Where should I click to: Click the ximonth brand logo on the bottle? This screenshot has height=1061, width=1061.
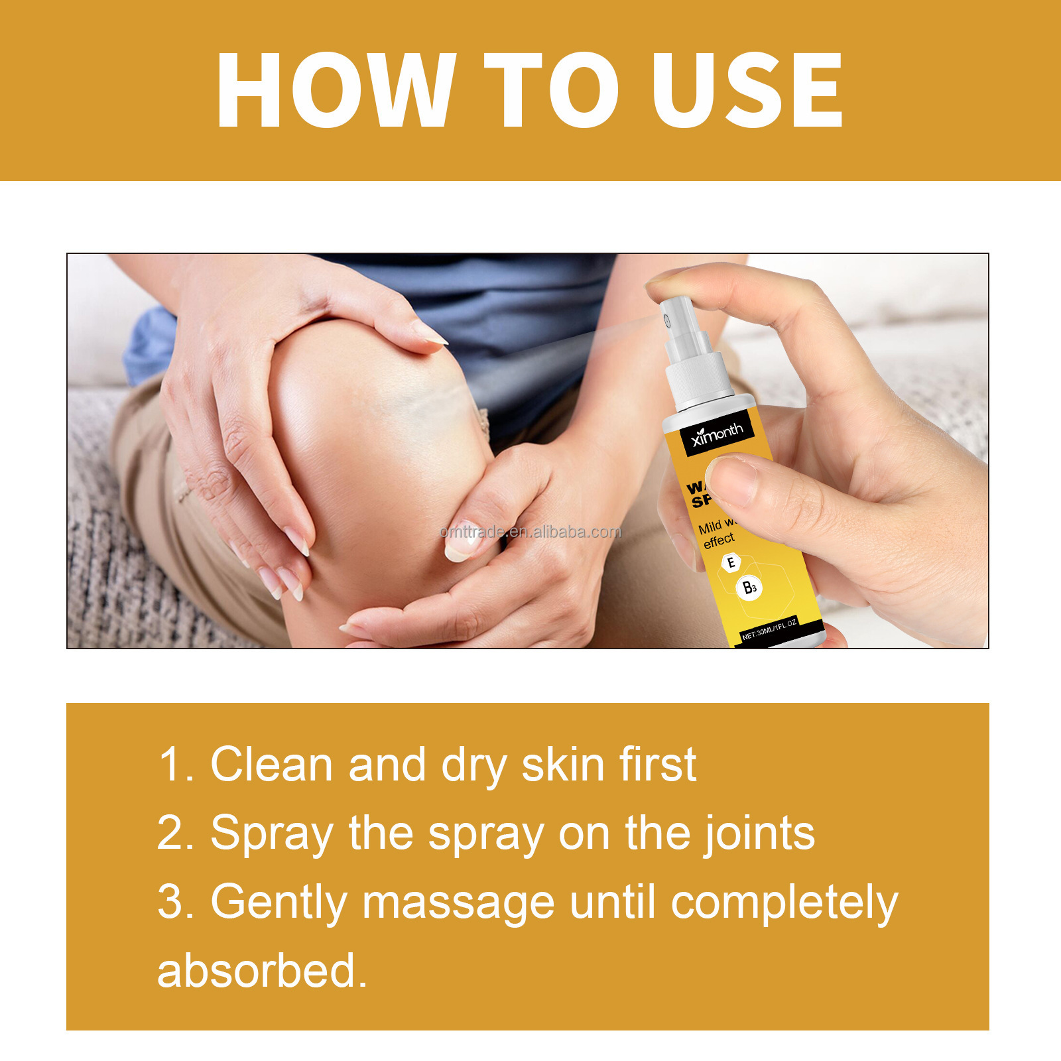coord(717,434)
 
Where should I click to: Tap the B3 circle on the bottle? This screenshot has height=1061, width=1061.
coord(749,588)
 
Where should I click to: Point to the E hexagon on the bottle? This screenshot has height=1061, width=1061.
coord(731,563)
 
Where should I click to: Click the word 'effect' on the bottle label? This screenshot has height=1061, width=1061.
coord(719,541)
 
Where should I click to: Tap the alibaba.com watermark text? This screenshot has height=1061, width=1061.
coord(530,532)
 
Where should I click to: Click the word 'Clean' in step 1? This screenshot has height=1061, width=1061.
coord(271,765)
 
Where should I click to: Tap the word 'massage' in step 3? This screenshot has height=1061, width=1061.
coord(458,903)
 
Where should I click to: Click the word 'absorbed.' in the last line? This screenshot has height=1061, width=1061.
coord(262,971)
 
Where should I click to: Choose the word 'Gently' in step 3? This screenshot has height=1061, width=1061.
coord(279,903)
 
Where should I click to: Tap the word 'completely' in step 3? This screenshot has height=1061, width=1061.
coord(784,903)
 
